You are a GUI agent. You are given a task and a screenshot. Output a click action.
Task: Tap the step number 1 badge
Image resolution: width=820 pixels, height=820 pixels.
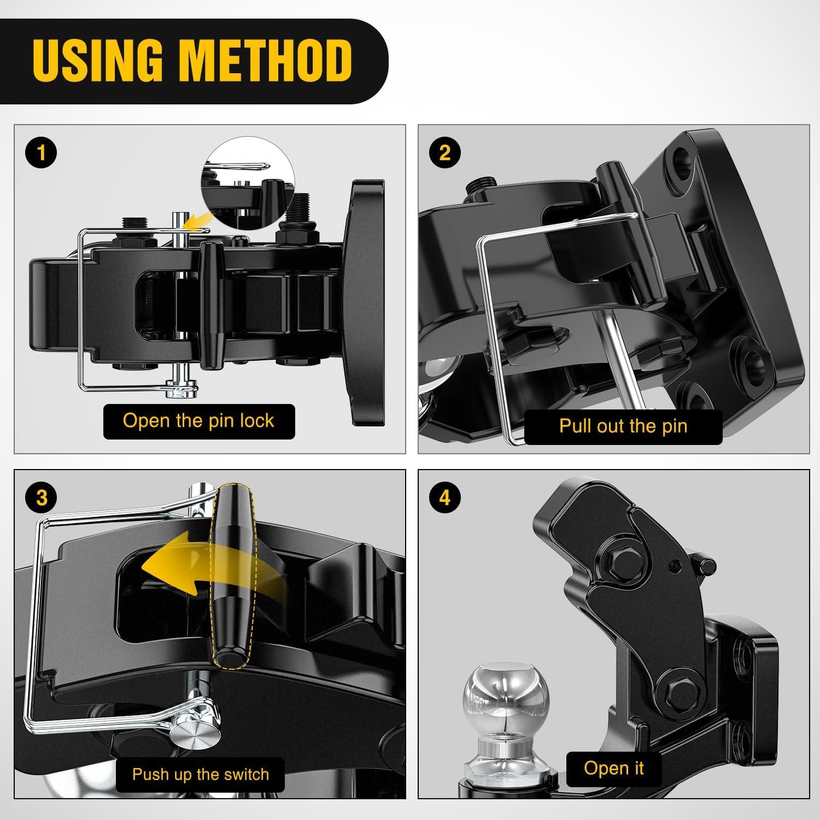pyautogui.click(x=41, y=153)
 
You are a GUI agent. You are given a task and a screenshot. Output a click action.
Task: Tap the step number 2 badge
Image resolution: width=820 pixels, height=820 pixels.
pyautogui.click(x=445, y=153)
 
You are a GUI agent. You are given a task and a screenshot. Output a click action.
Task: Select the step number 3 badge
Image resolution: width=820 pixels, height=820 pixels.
pyautogui.click(x=41, y=498)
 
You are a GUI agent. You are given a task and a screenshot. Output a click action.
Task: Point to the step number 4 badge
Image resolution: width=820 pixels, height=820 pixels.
pyautogui.click(x=445, y=498)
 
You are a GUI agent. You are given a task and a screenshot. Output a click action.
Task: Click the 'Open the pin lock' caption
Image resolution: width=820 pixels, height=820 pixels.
pyautogui.click(x=198, y=421)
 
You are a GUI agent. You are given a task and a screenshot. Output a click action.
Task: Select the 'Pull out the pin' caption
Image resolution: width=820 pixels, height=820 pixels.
pyautogui.click(x=623, y=426)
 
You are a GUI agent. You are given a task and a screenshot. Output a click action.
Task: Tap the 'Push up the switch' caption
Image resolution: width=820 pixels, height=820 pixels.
pyautogui.click(x=201, y=775)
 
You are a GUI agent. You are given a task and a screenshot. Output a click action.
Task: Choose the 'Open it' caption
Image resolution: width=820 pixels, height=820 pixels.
pyautogui.click(x=614, y=768)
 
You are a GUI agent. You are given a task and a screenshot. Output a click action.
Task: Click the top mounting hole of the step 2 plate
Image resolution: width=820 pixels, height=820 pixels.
pyautogui.click(x=679, y=160)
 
